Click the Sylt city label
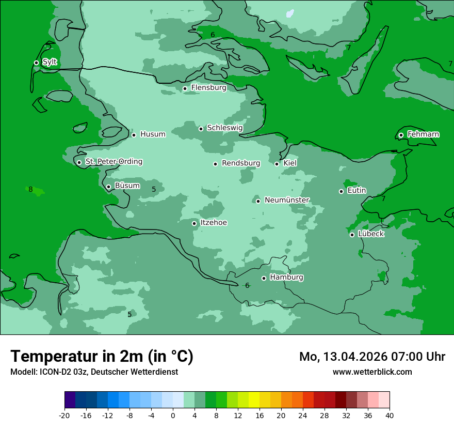[x=50, y=62]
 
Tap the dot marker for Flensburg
[x=185, y=88]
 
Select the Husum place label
[x=153, y=134]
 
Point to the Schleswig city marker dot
[x=201, y=129]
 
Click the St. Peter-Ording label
[x=113, y=162]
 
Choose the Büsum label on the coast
[x=127, y=186]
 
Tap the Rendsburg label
[x=241, y=163]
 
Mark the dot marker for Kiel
[x=277, y=164]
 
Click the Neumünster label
[x=287, y=200]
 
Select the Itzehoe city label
[x=214, y=223]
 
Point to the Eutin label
[x=356, y=191]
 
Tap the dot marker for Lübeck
[x=352, y=235]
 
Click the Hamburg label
[x=286, y=278]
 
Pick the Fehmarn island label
[x=423, y=134]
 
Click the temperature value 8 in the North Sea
[x=30, y=190]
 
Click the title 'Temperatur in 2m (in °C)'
[x=102, y=356]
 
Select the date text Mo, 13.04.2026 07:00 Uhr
[x=372, y=357]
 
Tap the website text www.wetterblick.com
[x=372, y=372]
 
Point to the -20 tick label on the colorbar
[x=64, y=415]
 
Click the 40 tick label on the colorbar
[x=390, y=415]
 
